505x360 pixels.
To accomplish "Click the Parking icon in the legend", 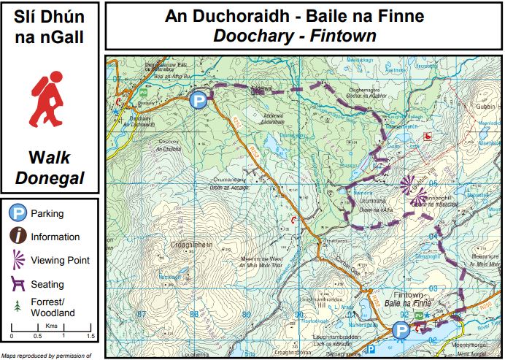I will coord(17,214).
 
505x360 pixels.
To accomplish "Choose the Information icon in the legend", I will coord(17,237).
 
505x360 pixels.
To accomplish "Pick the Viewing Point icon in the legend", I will coord(17,260).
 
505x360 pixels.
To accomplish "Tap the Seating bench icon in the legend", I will coord(17,283).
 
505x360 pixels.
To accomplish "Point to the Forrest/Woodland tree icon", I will coord(17,307).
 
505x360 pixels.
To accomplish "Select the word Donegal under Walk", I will coord(50,177).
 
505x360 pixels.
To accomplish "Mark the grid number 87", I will coord(142,315).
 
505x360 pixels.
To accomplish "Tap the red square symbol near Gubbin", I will coord(428,135).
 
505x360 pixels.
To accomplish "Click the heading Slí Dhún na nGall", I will coord(50,26).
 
